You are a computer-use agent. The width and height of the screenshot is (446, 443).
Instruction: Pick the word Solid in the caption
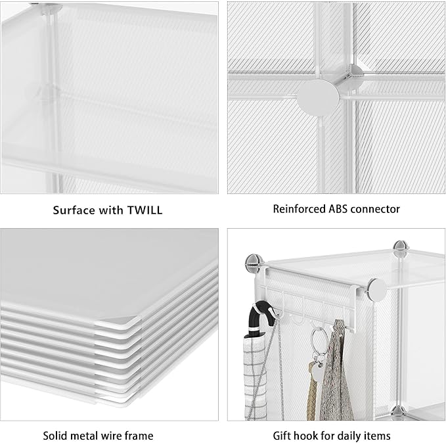56,435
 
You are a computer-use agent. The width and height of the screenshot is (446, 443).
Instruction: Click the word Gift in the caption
282,435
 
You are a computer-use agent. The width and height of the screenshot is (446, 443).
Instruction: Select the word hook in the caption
307,435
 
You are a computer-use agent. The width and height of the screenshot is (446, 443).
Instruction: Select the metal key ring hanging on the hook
316,342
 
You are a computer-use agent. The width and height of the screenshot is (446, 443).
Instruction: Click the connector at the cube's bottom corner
397,411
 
